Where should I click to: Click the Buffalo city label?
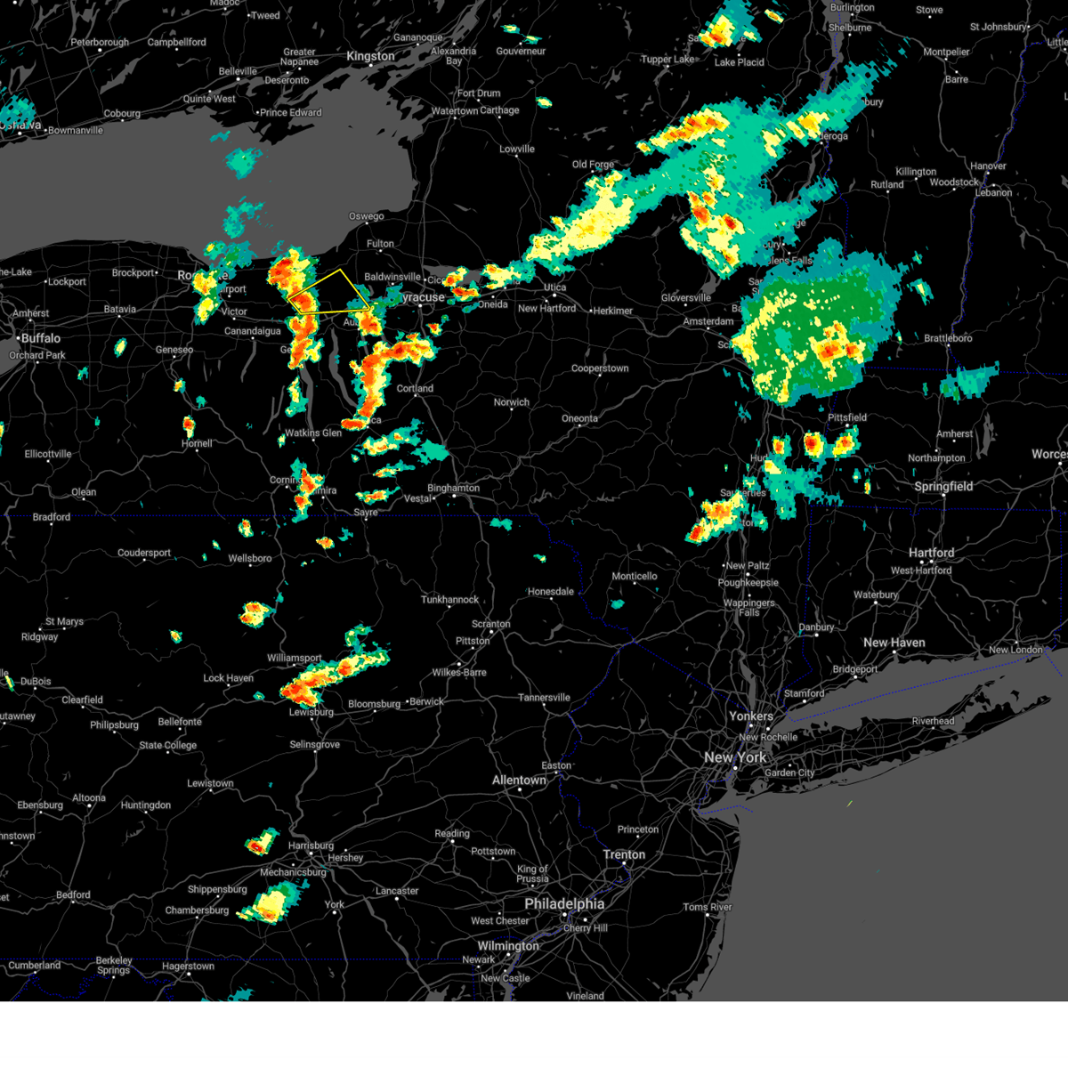(x=41, y=338)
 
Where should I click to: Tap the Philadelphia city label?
(x=564, y=904)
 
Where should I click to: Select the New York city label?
(x=734, y=757)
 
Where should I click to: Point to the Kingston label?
(x=370, y=56)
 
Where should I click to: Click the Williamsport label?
(x=295, y=659)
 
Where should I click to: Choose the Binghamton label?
(x=454, y=488)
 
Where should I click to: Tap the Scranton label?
(x=490, y=624)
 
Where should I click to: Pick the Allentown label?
(x=520, y=781)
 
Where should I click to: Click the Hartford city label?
(x=932, y=553)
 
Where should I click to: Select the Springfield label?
(x=943, y=487)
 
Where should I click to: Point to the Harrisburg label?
(x=311, y=845)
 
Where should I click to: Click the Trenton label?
(x=624, y=854)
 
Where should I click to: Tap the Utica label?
(x=554, y=287)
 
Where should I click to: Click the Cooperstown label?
(x=600, y=368)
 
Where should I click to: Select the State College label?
(x=167, y=746)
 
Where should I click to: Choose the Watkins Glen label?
(x=313, y=433)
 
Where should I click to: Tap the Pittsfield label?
(x=847, y=417)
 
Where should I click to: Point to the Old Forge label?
(x=593, y=165)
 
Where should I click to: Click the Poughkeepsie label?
(x=748, y=583)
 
